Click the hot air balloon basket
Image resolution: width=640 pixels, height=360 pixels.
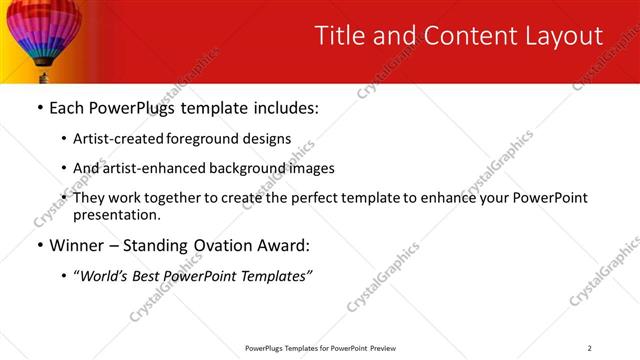pyautogui.click(x=43, y=75)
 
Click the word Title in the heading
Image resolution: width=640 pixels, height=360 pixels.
pyautogui.click(x=340, y=36)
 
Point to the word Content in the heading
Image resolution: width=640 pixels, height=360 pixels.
pyautogui.click(x=450, y=36)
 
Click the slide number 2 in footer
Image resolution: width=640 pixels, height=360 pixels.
pyautogui.click(x=590, y=348)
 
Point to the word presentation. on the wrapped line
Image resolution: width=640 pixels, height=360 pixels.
pyautogui.click(x=116, y=214)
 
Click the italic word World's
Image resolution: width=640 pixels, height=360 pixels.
pyautogui.click(x=105, y=275)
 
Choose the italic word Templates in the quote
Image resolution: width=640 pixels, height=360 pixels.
pyautogui.click(x=272, y=275)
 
